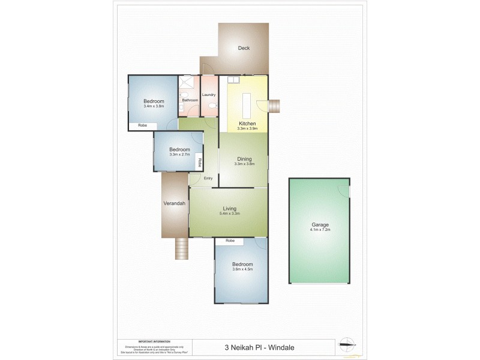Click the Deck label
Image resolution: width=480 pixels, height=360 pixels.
[x=243, y=49]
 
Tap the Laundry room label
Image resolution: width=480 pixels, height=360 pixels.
[x=209, y=95]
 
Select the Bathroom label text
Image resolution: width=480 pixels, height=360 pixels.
[x=190, y=100]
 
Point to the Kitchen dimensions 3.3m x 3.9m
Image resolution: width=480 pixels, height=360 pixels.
[x=247, y=128]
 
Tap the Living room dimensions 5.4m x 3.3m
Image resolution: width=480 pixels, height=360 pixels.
[x=229, y=213]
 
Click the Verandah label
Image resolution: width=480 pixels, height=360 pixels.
[x=174, y=203]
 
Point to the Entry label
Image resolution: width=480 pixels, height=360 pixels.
[x=208, y=178]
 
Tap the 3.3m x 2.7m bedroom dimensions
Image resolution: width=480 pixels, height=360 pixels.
[x=179, y=154]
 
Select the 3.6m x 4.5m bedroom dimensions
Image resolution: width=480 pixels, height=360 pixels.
[x=242, y=269]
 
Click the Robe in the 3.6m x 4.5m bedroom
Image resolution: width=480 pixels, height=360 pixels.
[x=230, y=241]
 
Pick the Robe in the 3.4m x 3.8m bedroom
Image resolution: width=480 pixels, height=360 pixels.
[x=143, y=125]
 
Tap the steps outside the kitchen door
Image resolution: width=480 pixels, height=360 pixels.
[x=275, y=106]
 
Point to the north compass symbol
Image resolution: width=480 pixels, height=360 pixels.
[x=347, y=344]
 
